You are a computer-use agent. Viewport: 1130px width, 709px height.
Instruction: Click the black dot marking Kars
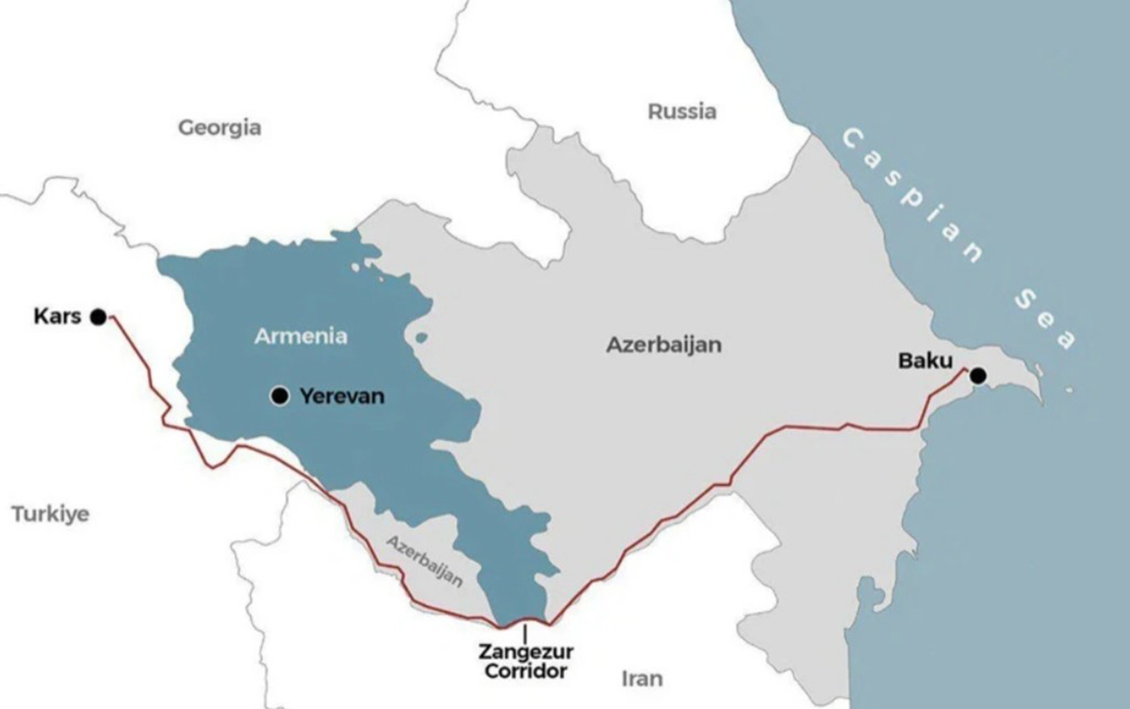coord(98,316)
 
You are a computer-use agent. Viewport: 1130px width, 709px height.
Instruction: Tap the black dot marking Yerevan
coord(280,396)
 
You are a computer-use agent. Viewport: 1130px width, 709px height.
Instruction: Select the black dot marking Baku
coord(977,376)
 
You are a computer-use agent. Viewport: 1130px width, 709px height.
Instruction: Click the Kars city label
coord(57,316)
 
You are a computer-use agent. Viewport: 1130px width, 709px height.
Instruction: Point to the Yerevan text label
coord(342,396)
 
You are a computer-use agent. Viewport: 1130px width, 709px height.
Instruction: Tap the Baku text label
coord(925,361)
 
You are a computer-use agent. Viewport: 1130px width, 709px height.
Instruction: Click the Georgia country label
coord(220,128)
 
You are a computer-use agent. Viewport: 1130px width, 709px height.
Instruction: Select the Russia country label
coord(681,112)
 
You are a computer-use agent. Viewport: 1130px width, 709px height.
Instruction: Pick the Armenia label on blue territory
coord(301,336)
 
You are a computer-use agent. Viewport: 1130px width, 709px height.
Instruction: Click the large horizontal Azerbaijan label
coord(663,345)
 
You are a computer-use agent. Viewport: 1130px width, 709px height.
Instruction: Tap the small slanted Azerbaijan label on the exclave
coord(425,560)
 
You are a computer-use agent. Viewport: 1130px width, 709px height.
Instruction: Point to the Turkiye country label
coord(51,514)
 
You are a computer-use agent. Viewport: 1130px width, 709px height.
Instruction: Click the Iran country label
coord(641,679)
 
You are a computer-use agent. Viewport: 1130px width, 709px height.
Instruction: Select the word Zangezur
coord(526,652)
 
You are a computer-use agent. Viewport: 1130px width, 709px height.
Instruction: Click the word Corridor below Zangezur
coord(526,671)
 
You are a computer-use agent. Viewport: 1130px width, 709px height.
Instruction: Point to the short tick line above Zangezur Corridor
coord(525,633)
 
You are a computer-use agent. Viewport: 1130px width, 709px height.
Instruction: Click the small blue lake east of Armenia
coord(420,338)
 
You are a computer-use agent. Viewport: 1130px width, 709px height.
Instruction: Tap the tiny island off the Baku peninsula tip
coord(1069,390)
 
